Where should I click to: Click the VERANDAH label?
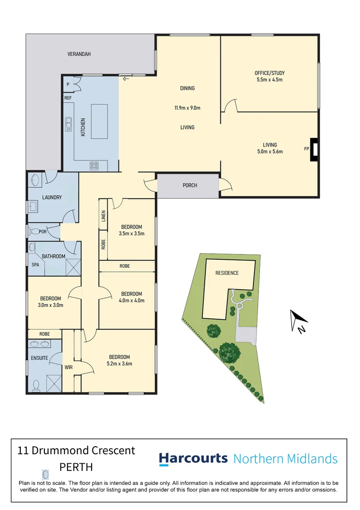[78, 54]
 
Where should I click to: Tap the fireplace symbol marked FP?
[314, 149]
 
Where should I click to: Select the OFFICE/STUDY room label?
[269, 73]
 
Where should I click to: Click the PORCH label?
[190, 185]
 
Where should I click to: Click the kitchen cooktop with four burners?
[94, 165]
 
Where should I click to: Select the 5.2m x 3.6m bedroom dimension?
[120, 364]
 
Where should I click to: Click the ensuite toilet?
[36, 385]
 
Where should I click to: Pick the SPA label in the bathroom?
[35, 265]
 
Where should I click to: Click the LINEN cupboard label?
[103, 215]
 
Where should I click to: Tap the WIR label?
[68, 366]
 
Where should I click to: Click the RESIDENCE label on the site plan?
[227, 273]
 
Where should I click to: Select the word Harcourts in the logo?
[193, 459]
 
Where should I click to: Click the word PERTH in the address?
[76, 467]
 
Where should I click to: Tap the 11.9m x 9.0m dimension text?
[187, 108]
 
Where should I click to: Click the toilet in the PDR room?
[35, 232]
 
